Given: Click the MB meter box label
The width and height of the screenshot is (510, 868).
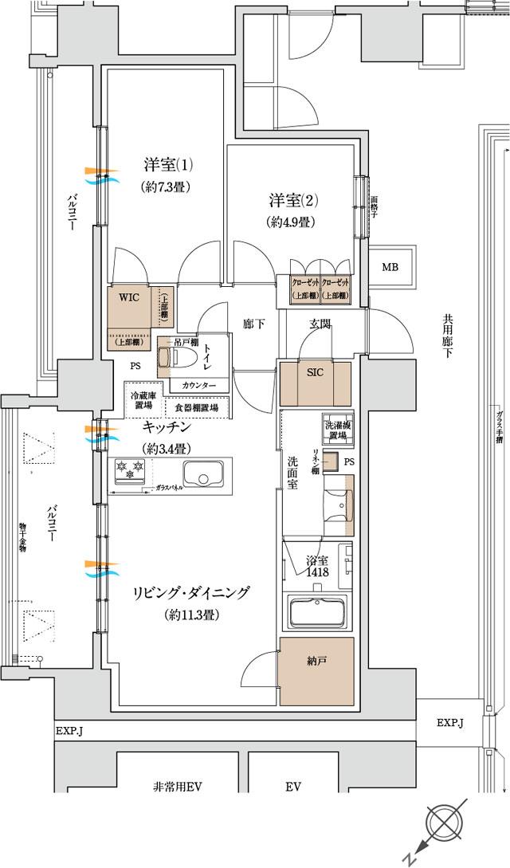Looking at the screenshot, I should coord(390,267).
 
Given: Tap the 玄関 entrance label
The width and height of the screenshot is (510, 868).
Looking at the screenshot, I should coord(320,323).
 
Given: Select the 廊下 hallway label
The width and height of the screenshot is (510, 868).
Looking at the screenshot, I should coord(254,324).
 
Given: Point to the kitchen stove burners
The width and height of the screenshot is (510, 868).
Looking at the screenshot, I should coord(129,469).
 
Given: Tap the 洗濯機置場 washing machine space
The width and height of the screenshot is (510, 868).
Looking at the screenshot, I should coord(337,428).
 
